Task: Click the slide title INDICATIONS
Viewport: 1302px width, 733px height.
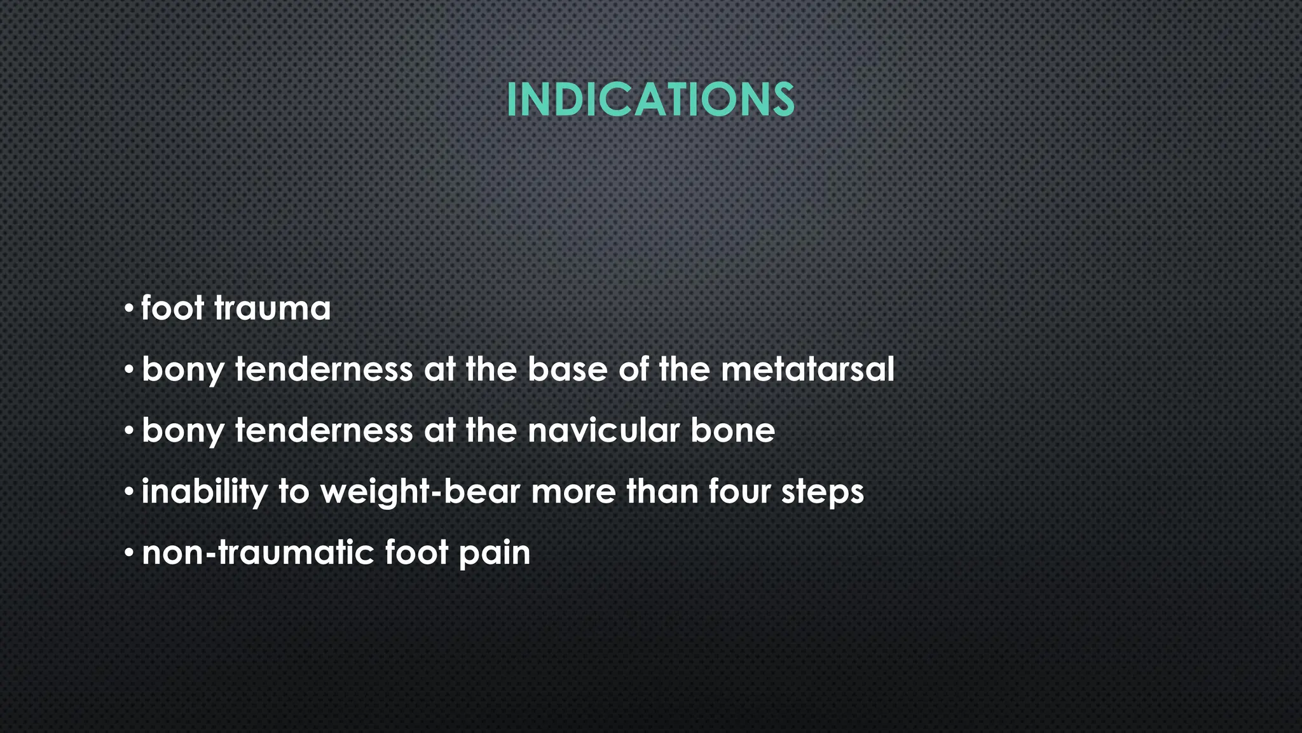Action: pyautogui.click(x=650, y=100)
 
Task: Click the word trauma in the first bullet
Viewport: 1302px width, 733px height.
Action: pyautogui.click(x=272, y=309)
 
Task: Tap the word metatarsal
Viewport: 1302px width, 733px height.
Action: pyautogui.click(x=807, y=369)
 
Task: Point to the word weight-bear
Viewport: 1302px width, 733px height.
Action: pyautogui.click(x=420, y=492)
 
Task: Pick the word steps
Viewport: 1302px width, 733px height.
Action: pyautogui.click(x=823, y=492)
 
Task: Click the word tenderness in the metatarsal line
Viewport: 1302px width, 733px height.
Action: pyautogui.click(x=324, y=369)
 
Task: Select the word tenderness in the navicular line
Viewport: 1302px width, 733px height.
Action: pyautogui.click(x=324, y=430)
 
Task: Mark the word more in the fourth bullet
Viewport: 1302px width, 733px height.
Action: pyautogui.click(x=573, y=492)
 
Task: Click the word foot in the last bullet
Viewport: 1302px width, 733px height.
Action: pyautogui.click(x=416, y=552)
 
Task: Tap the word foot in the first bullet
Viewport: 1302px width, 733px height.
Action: pyautogui.click(x=172, y=309)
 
